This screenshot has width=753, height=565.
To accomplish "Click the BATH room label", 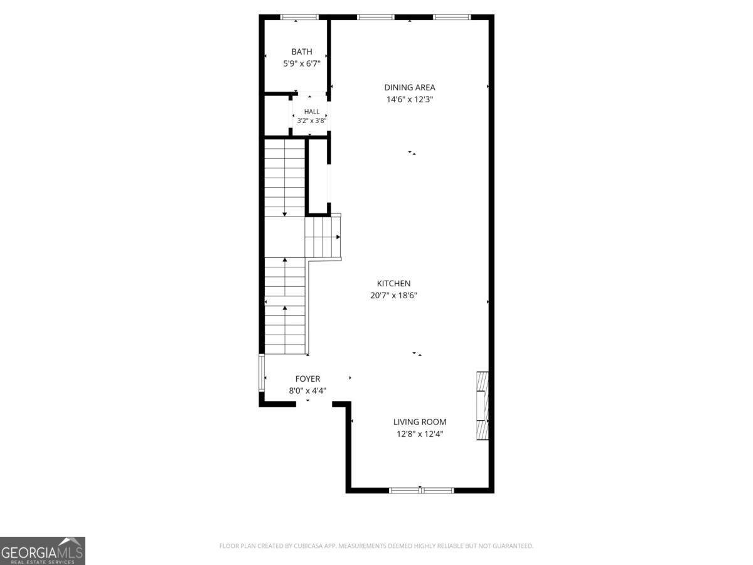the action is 302,52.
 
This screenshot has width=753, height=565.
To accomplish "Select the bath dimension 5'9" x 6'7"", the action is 302,64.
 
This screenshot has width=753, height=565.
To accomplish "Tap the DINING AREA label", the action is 410,87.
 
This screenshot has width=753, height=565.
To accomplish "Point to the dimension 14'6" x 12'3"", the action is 410,99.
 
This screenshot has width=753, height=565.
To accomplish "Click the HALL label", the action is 311,112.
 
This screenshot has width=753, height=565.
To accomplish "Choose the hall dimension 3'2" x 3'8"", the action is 311,121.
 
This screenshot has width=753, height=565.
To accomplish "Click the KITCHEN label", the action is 393,283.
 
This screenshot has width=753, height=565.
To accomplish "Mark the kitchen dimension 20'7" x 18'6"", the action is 393,295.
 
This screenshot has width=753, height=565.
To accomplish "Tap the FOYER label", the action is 307,379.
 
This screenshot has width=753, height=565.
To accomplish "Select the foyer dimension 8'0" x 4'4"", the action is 307,390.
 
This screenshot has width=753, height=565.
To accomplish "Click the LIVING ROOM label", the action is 420,422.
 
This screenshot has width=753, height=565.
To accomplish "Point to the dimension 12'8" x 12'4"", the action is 420,434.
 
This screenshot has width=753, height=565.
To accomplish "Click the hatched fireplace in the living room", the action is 483,406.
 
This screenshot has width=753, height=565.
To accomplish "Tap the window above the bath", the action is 299,17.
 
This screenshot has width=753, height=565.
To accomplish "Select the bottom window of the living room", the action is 421,490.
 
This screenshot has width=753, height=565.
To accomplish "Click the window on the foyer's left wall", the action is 262,373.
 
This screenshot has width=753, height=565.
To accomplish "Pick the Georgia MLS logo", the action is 43,551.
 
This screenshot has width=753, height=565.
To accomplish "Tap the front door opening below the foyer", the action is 314,404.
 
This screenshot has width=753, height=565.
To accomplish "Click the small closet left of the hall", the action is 277,116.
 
